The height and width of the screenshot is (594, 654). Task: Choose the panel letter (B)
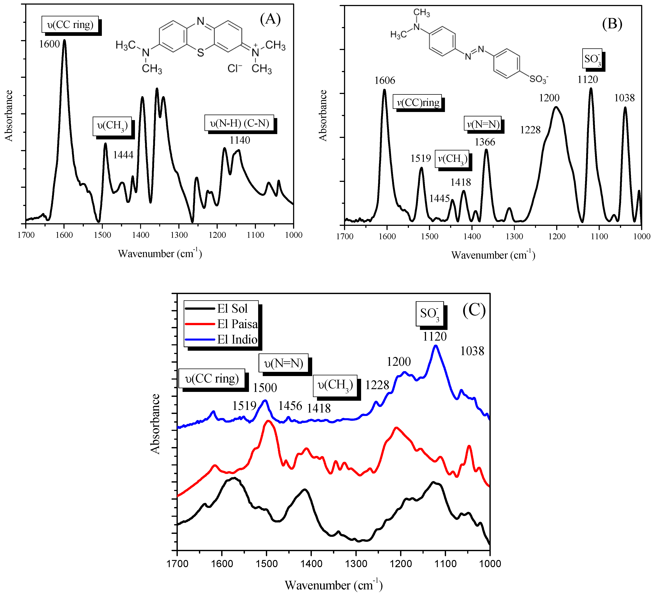click(612, 24)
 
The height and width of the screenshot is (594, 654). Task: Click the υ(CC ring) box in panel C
click(212, 378)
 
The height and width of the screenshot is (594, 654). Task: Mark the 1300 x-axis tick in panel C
click(356, 563)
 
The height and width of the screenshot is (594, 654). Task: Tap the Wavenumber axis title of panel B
click(493, 255)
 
